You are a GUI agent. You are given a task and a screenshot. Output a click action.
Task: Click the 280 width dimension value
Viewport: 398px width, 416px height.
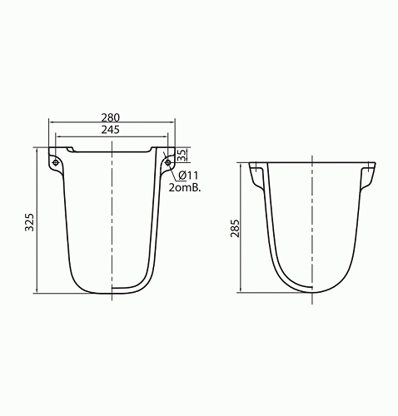(x=110, y=117)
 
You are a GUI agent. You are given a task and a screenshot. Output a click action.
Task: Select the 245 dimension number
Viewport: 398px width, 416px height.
(x=110, y=130)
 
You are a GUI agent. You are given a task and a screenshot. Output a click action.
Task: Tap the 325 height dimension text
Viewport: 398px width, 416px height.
(x=29, y=222)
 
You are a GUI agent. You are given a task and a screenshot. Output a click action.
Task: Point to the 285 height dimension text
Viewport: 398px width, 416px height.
(x=235, y=228)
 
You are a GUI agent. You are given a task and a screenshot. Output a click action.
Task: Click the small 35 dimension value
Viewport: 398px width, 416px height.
(x=182, y=155)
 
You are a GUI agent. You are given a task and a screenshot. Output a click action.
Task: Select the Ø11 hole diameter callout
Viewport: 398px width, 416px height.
(x=188, y=176)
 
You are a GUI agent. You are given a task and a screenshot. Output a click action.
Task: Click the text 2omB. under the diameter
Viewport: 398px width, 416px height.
(x=185, y=188)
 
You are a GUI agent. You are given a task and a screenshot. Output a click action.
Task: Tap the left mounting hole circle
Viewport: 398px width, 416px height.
(x=56, y=162)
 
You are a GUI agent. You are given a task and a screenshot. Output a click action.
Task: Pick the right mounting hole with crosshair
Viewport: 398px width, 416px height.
(x=168, y=162)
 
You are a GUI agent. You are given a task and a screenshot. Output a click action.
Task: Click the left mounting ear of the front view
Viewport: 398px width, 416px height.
(x=56, y=162)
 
